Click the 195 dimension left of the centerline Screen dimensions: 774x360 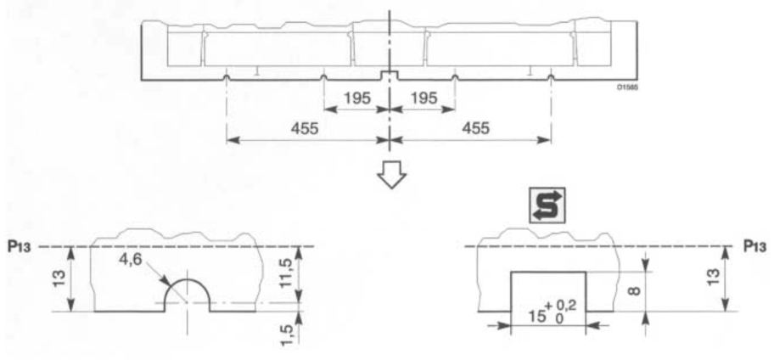357,98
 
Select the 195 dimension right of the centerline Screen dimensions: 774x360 424,98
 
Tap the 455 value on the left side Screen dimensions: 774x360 304,128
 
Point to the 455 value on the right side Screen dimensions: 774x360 475,128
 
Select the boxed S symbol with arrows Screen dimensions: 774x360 547,204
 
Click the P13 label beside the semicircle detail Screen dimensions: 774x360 20,246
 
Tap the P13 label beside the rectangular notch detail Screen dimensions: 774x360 755,246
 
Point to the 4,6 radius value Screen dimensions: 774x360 131,258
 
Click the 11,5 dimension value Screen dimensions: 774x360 286,273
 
